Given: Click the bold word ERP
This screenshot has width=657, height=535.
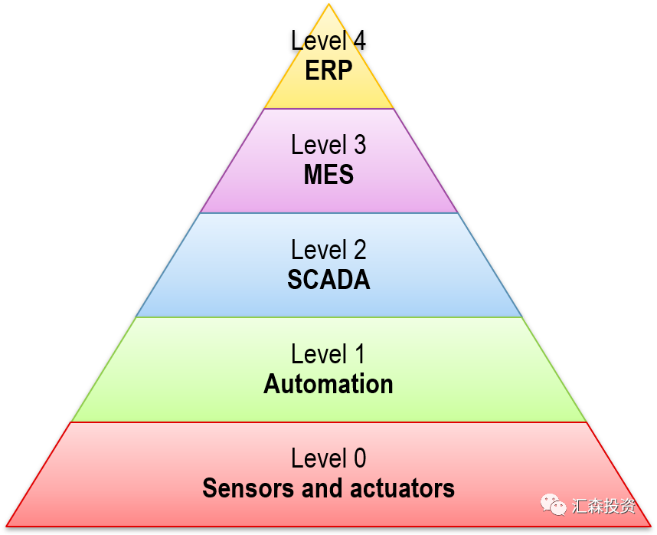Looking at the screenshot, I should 328,71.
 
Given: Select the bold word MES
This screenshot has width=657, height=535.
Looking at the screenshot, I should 328,175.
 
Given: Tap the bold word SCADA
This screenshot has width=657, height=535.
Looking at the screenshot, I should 328,280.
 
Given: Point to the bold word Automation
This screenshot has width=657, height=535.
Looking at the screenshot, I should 328,384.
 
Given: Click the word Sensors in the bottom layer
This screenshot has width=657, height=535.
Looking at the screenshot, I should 248,488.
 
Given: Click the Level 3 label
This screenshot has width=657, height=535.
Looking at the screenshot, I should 328,145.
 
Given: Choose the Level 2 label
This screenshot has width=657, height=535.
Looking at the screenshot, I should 328,250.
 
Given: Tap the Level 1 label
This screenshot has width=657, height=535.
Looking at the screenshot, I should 328,354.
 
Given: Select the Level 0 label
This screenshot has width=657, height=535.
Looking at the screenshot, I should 328,458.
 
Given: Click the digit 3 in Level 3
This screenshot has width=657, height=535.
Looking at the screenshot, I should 358,145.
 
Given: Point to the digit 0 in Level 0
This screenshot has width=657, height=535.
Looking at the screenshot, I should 358,458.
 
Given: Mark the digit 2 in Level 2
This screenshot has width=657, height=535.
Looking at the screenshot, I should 358,250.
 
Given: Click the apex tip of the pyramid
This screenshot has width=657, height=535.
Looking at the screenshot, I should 329,5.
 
